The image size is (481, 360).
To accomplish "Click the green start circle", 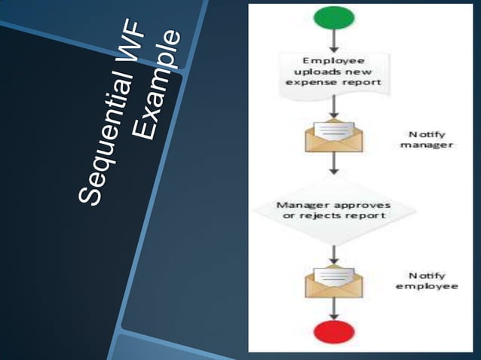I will pyautogui.click(x=332, y=20).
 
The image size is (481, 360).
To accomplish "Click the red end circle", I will pyautogui.click(x=332, y=331).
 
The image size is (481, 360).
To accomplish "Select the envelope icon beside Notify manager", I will pyautogui.click(x=332, y=136).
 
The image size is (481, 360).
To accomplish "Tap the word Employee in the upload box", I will pyautogui.click(x=332, y=60).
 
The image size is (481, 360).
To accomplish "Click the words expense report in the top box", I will pyautogui.click(x=332, y=81).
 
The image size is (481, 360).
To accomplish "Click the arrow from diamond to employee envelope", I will pyautogui.click(x=332, y=250).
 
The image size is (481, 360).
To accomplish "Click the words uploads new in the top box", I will pyautogui.click(x=332, y=71).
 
